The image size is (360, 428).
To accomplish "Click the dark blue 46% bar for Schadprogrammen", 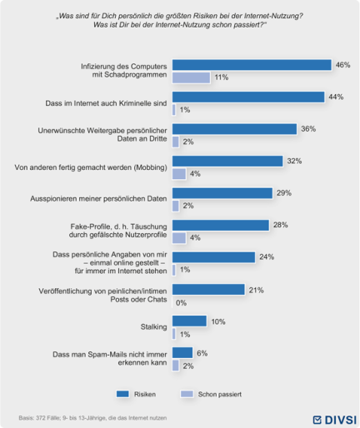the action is click(252, 65).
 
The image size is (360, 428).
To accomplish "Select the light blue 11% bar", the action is click(191, 77).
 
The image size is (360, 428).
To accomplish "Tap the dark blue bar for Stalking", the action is click(189, 321).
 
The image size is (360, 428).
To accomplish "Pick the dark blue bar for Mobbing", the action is click(227, 162).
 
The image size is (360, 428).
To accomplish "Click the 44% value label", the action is click(336, 97).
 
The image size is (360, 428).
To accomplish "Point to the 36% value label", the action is click(308, 129).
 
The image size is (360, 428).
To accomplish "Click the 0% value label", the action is click(181, 303).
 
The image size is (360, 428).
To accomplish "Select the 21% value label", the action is click(256, 291).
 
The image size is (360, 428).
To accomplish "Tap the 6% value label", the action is click(202, 353).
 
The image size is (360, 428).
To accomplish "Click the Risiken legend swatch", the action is click(122, 394).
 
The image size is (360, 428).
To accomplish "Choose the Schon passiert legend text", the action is click(219, 395).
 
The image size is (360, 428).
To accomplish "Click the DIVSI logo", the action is click(334, 420).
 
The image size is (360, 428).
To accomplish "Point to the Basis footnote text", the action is click(92, 418).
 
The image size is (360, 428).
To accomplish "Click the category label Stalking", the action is click(153, 326).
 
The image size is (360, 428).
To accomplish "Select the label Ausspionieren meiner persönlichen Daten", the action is click(98, 199).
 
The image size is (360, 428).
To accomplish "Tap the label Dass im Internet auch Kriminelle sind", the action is click(106, 103).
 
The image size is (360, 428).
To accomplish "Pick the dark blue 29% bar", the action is click(222, 193).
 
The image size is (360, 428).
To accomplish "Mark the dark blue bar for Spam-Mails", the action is click(182, 353).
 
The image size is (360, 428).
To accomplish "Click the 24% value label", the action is click(267, 257).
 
